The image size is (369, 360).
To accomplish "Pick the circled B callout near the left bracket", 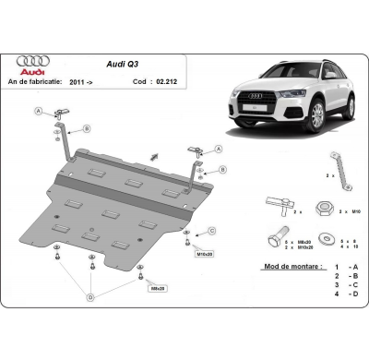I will coord(86,127).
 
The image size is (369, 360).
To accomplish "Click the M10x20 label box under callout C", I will coord(205,251).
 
